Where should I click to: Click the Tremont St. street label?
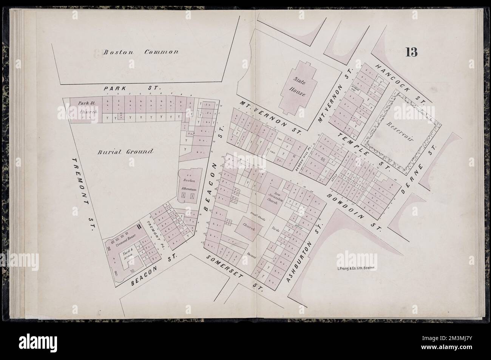(84, 193)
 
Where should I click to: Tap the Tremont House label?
(126, 238)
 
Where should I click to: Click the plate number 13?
(411, 53)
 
